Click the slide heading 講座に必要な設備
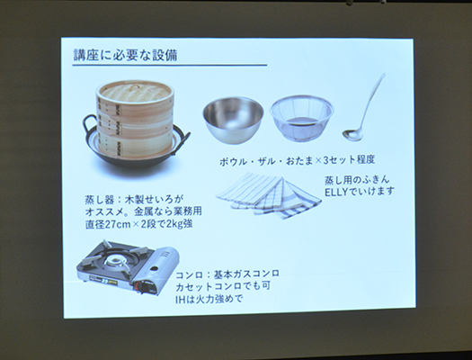(x=125, y=55)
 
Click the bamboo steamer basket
(x=134, y=121)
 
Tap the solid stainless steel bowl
(x=233, y=118)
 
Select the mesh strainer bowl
(x=301, y=117)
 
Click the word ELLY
(x=340, y=192)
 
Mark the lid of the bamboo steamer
(x=134, y=89)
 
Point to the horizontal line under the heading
(x=170, y=66)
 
